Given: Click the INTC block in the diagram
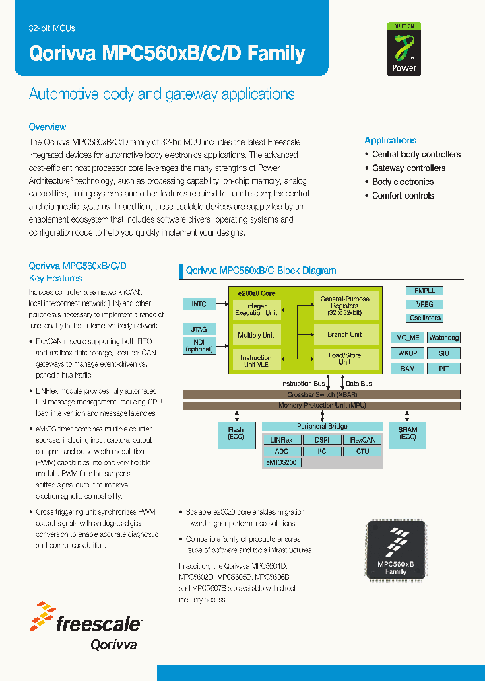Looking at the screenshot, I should pyautogui.click(x=199, y=304).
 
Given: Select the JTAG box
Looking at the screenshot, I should pyautogui.click(x=199, y=329).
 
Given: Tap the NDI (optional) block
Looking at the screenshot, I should pyautogui.click(x=199, y=345).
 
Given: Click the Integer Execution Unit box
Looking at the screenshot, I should pyautogui.click(x=256, y=309).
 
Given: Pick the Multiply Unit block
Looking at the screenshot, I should pyautogui.click(x=256, y=335).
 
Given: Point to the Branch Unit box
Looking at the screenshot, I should pyautogui.click(x=344, y=334).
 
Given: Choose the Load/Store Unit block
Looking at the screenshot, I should pyautogui.click(x=344, y=358).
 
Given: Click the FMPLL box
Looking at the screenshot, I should pyautogui.click(x=424, y=291).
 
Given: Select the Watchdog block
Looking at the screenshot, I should pyautogui.click(x=444, y=337).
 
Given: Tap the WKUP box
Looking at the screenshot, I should pyautogui.click(x=407, y=353).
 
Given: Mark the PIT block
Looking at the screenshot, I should pyautogui.click(x=444, y=368).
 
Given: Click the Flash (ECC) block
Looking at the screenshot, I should pyautogui.click(x=236, y=433).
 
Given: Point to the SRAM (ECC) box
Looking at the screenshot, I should pyautogui.click(x=408, y=433).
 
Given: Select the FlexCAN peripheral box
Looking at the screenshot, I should pyautogui.click(x=362, y=439).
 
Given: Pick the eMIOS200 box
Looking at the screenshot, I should pyautogui.click(x=282, y=462).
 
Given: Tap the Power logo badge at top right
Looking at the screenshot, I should pyautogui.click(x=403, y=48).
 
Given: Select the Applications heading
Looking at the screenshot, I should pyautogui.click(x=391, y=140).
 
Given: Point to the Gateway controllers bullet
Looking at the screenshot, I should pyautogui.click(x=408, y=168).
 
